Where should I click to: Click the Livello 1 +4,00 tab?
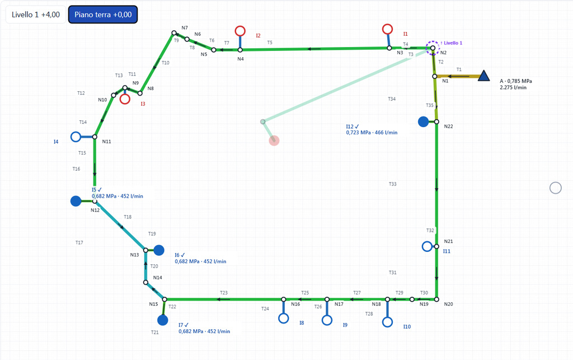(36, 15)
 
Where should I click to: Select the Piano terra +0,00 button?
(103, 15)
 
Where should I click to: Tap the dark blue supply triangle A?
(484, 76)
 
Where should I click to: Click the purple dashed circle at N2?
(433, 48)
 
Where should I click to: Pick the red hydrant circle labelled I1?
(387, 29)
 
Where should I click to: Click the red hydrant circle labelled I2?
(240, 31)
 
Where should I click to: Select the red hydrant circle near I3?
(125, 99)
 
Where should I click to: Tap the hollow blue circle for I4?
(76, 137)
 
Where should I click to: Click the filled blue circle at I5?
(76, 201)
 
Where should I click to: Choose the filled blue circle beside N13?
(159, 250)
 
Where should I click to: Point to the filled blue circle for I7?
(163, 320)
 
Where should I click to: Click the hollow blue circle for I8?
(284, 319)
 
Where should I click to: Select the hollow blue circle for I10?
(387, 322)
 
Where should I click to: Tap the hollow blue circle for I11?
(427, 246)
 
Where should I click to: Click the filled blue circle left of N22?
(423, 121)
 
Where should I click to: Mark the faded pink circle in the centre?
(274, 141)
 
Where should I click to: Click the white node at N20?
(436, 300)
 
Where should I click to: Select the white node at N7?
(174, 33)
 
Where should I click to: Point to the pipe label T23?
(224, 293)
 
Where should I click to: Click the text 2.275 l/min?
(513, 88)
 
